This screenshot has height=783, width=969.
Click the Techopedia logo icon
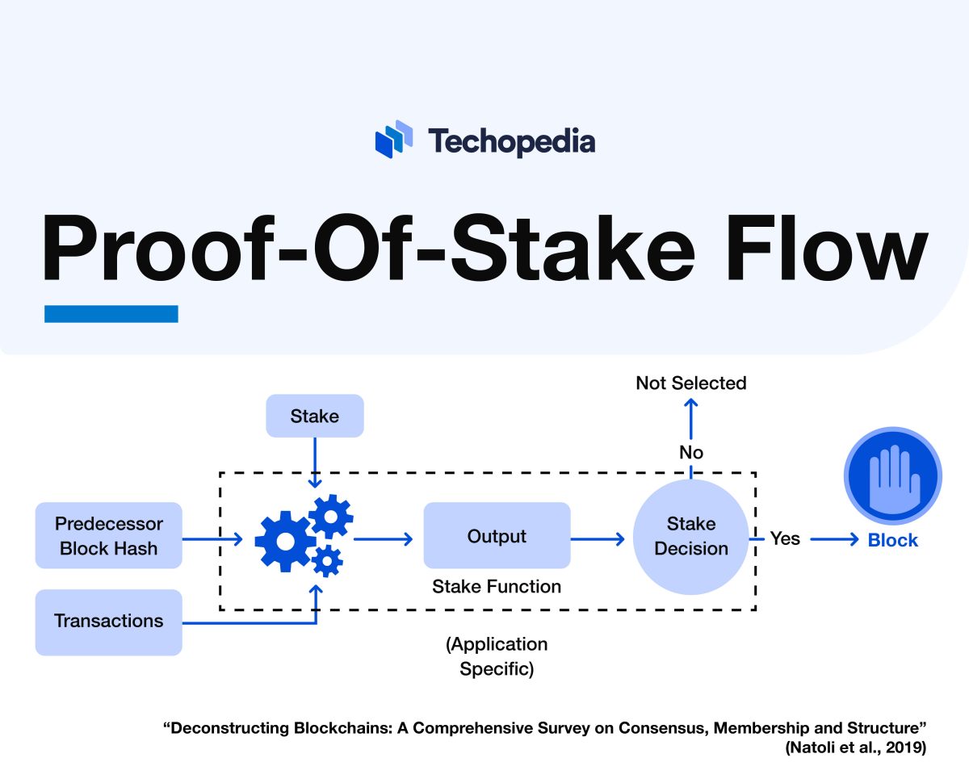tap(394, 139)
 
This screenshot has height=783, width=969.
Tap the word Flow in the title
tap(826, 248)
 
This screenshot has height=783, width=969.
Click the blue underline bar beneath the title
tap(111, 314)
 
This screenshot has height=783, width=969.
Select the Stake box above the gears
tap(315, 416)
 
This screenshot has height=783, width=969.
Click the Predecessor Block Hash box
tap(109, 536)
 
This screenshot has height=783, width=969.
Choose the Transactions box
tap(109, 622)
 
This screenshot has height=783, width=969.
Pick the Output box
tap(497, 536)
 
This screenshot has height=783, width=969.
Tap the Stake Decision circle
tap(691, 537)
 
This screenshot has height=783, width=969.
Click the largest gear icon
tap(285, 541)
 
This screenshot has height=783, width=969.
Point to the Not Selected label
tap(691, 383)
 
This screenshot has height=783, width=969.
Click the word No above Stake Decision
tap(691, 452)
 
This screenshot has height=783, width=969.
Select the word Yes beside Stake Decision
tap(785, 538)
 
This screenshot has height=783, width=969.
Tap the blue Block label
tap(892, 540)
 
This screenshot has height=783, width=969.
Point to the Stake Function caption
tap(497, 587)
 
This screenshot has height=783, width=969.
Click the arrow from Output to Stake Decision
tap(598, 539)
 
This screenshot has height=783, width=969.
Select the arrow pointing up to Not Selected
tap(691, 418)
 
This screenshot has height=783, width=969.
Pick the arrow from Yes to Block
tap(834, 539)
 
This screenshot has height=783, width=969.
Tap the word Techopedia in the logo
tap(511, 141)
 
